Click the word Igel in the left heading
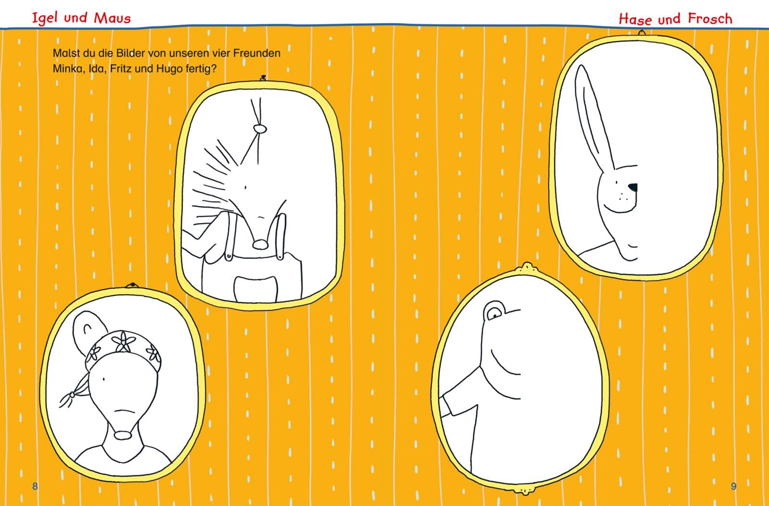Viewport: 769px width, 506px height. click(x=44, y=18)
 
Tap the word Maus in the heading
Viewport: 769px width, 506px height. click(x=112, y=18)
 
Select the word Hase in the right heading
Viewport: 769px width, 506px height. click(x=635, y=19)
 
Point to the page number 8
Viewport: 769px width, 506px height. click(x=35, y=486)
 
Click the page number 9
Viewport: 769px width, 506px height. click(x=733, y=486)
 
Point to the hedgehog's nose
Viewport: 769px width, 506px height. click(x=260, y=245)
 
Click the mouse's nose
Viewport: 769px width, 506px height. click(x=123, y=435)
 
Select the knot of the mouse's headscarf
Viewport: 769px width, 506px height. click(x=72, y=395)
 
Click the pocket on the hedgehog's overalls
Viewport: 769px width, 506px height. click(x=255, y=289)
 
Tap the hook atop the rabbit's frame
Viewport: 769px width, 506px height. click(x=641, y=33)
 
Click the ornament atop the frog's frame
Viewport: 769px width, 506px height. click(x=526, y=267)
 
